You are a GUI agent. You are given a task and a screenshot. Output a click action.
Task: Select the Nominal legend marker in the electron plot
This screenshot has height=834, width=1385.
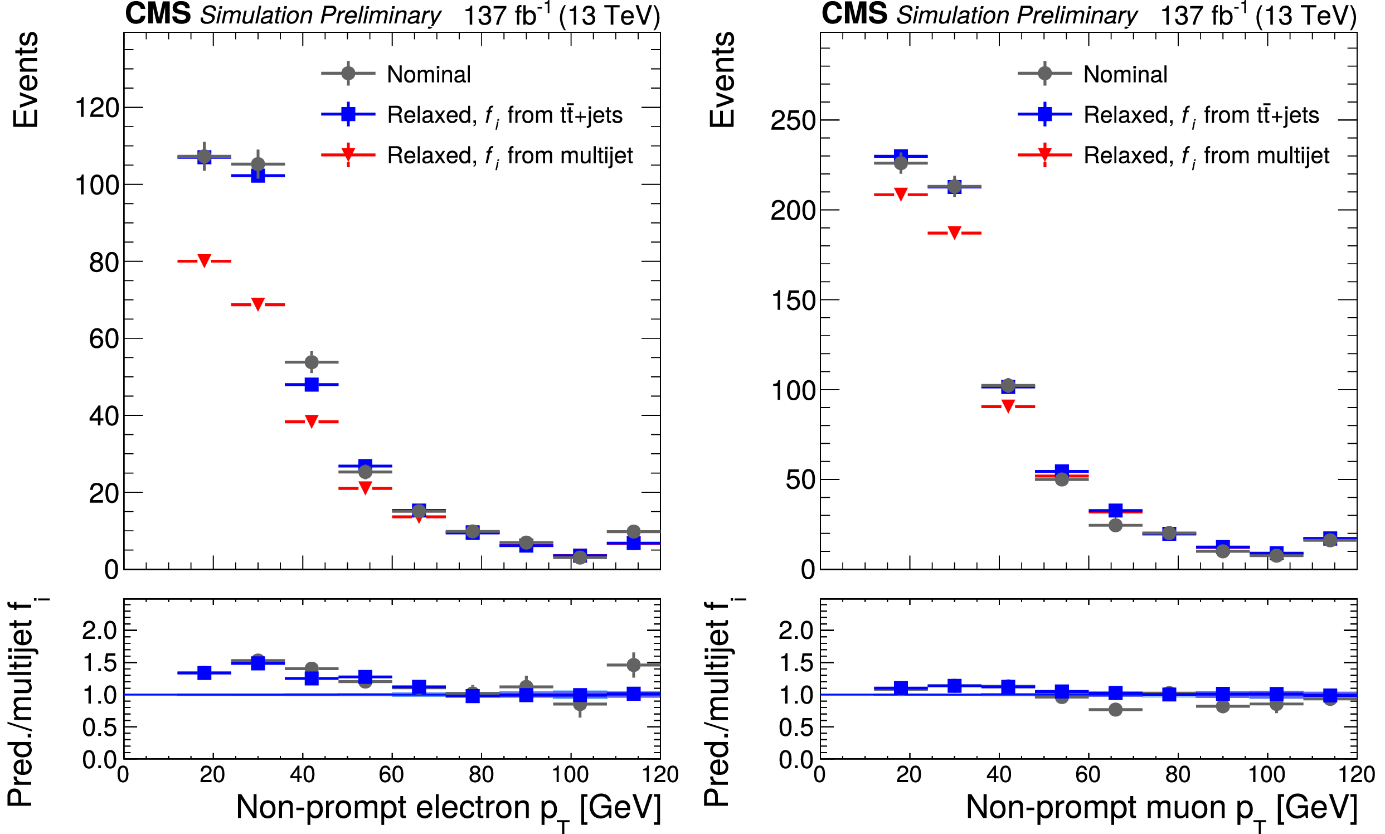[x=348, y=73]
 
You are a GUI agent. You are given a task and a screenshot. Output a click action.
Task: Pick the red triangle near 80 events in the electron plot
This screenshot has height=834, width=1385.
[x=204, y=261]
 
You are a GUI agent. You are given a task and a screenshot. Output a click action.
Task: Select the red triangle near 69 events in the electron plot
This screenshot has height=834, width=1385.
[x=258, y=304]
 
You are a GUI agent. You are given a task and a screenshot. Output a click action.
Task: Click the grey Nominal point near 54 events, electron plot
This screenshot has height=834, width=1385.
[x=311, y=362]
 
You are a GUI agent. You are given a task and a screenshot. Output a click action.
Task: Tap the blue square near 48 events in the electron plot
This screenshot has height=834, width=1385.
[x=311, y=385]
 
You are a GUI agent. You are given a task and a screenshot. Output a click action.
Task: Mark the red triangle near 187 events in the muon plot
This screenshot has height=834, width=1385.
[x=954, y=232]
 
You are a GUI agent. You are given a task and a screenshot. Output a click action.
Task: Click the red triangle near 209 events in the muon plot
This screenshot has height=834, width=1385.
[x=901, y=195]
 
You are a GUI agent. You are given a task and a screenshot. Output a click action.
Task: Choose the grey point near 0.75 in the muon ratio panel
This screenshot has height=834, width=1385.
[x=1115, y=709]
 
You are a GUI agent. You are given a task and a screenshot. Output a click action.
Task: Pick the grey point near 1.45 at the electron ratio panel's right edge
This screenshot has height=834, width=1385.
[x=633, y=665]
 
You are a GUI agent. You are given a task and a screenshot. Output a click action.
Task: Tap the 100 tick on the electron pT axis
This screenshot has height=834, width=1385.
[x=570, y=774]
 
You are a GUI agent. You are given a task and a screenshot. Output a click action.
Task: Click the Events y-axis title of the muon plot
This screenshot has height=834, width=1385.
[x=722, y=80]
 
